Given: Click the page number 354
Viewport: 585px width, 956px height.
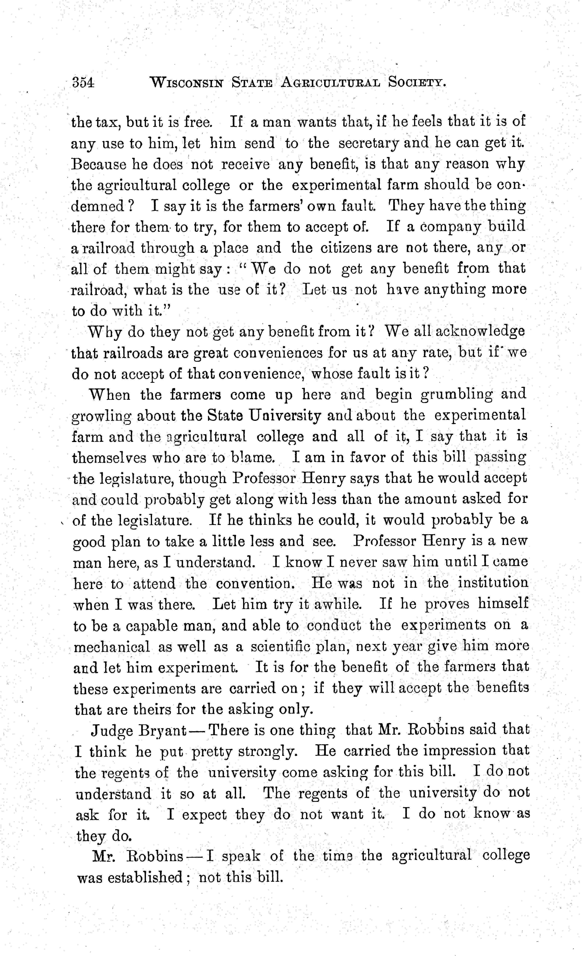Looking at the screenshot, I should coord(83,83).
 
